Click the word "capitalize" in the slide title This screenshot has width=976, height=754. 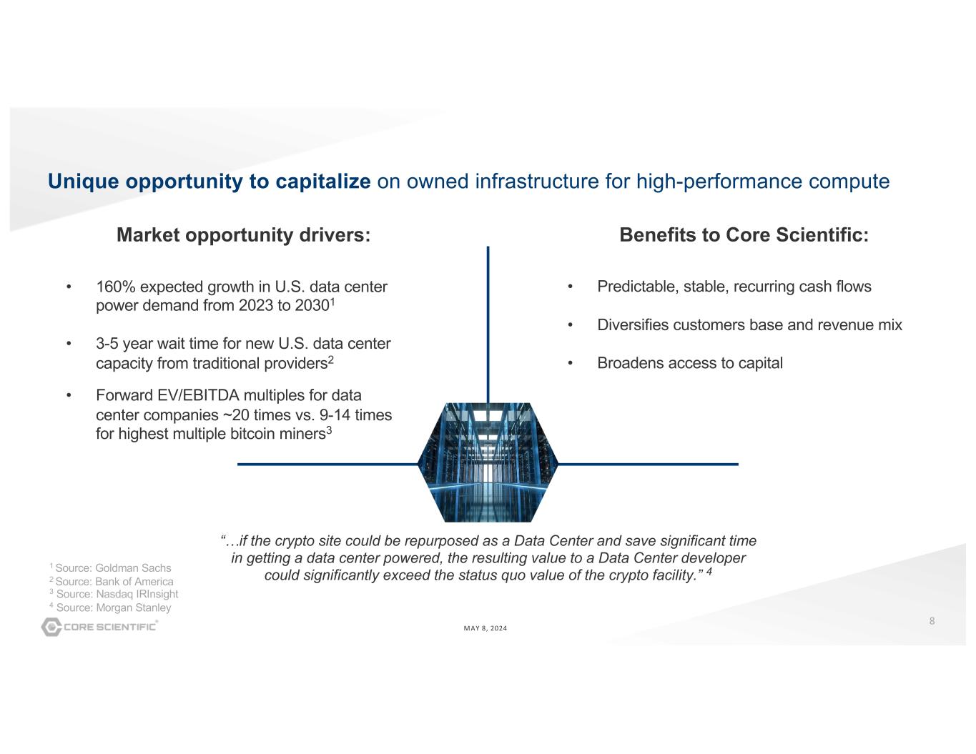pos(323,182)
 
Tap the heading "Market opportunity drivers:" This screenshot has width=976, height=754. pos(243,235)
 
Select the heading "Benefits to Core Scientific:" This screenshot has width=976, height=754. pos(744,234)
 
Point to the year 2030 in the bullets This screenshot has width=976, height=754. pos(312,306)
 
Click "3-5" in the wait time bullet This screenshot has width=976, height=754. pos(107,344)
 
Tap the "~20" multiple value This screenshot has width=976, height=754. pos(236,415)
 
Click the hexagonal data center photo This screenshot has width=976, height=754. pos(488,462)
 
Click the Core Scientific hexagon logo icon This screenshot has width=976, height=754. pos(51,627)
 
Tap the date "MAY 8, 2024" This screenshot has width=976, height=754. pos(485,628)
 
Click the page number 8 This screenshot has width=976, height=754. pos(932,621)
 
